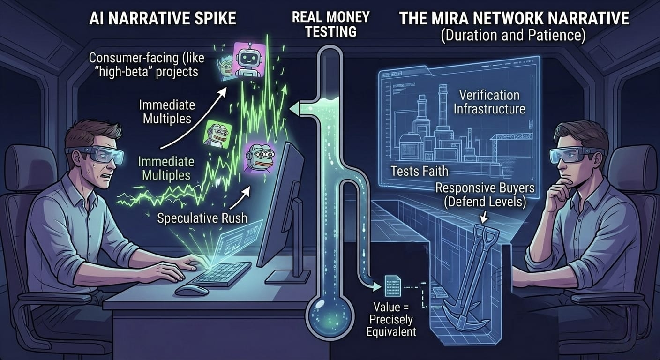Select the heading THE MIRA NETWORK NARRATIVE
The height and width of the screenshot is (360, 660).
(514, 20)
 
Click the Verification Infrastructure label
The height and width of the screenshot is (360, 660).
(489, 102)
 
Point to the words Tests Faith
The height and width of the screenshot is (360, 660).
(420, 171)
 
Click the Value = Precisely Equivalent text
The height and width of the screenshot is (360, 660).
(392, 320)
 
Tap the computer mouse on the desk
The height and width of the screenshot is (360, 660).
(192, 290)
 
